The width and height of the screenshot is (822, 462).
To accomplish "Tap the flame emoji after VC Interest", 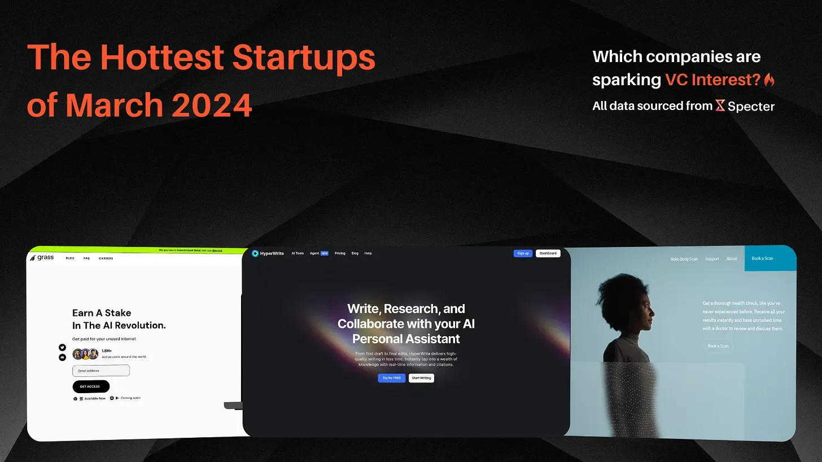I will [769, 80].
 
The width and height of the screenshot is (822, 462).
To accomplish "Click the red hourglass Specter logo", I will [720, 105].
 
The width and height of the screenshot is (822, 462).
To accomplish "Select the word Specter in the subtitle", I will [751, 106].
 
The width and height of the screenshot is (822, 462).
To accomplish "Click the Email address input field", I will [101, 371].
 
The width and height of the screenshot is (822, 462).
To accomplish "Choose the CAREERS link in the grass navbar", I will [106, 258].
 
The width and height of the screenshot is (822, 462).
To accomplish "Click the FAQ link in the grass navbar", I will [86, 258].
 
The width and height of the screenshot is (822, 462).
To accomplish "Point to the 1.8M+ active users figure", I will [107, 351].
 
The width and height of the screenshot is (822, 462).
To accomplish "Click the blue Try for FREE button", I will [391, 378].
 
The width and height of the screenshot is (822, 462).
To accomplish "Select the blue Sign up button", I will [523, 253].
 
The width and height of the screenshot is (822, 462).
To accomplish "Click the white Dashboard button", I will [548, 253].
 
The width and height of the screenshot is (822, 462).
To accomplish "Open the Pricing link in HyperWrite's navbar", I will [340, 253].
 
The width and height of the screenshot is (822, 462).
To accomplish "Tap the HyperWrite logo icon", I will [255, 253].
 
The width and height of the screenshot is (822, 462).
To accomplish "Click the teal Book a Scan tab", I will [762, 258].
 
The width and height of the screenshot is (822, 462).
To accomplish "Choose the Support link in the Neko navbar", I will [712, 259].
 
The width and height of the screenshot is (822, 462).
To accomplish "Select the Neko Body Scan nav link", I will [684, 259].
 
